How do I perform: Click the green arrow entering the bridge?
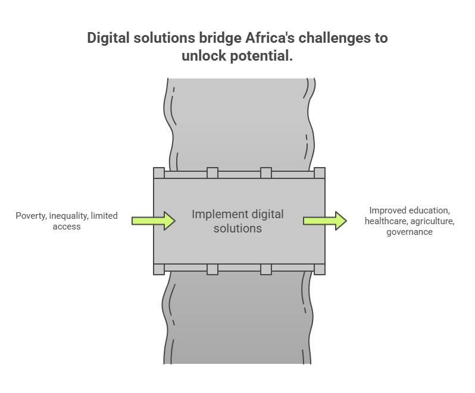pos(154,221)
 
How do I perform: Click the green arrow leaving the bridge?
pos(325,221)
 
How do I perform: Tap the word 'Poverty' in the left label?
pos(31,216)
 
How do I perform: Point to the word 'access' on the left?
pos(67,227)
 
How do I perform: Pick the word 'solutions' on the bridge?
pos(237,228)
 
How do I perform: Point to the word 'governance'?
pos(410,232)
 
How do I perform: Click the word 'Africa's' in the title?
pos(270,38)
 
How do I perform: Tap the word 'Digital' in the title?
pos(108,39)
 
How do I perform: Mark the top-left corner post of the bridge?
pos(159,173)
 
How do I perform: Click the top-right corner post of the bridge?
pos(320,173)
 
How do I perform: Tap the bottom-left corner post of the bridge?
pos(159,269)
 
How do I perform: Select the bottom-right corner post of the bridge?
pos(320,269)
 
